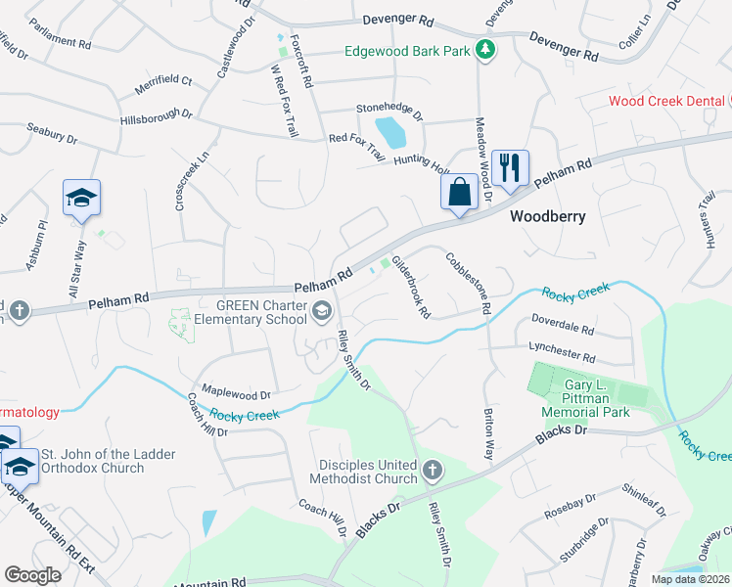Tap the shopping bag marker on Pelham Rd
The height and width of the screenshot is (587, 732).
click(459, 192)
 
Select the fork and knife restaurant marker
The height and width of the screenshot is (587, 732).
click(508, 169)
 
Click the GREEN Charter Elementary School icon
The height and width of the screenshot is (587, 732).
click(320, 311)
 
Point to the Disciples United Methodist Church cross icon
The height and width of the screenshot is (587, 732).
click(431, 473)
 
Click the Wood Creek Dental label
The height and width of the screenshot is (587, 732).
click(665, 101)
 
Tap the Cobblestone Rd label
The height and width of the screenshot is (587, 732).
click(468, 283)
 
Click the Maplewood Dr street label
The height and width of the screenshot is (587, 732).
click(236, 393)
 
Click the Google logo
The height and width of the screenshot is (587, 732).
click(32, 575)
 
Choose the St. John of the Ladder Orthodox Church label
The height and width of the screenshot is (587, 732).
click(92, 461)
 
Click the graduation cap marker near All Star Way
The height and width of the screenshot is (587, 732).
click(81, 197)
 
